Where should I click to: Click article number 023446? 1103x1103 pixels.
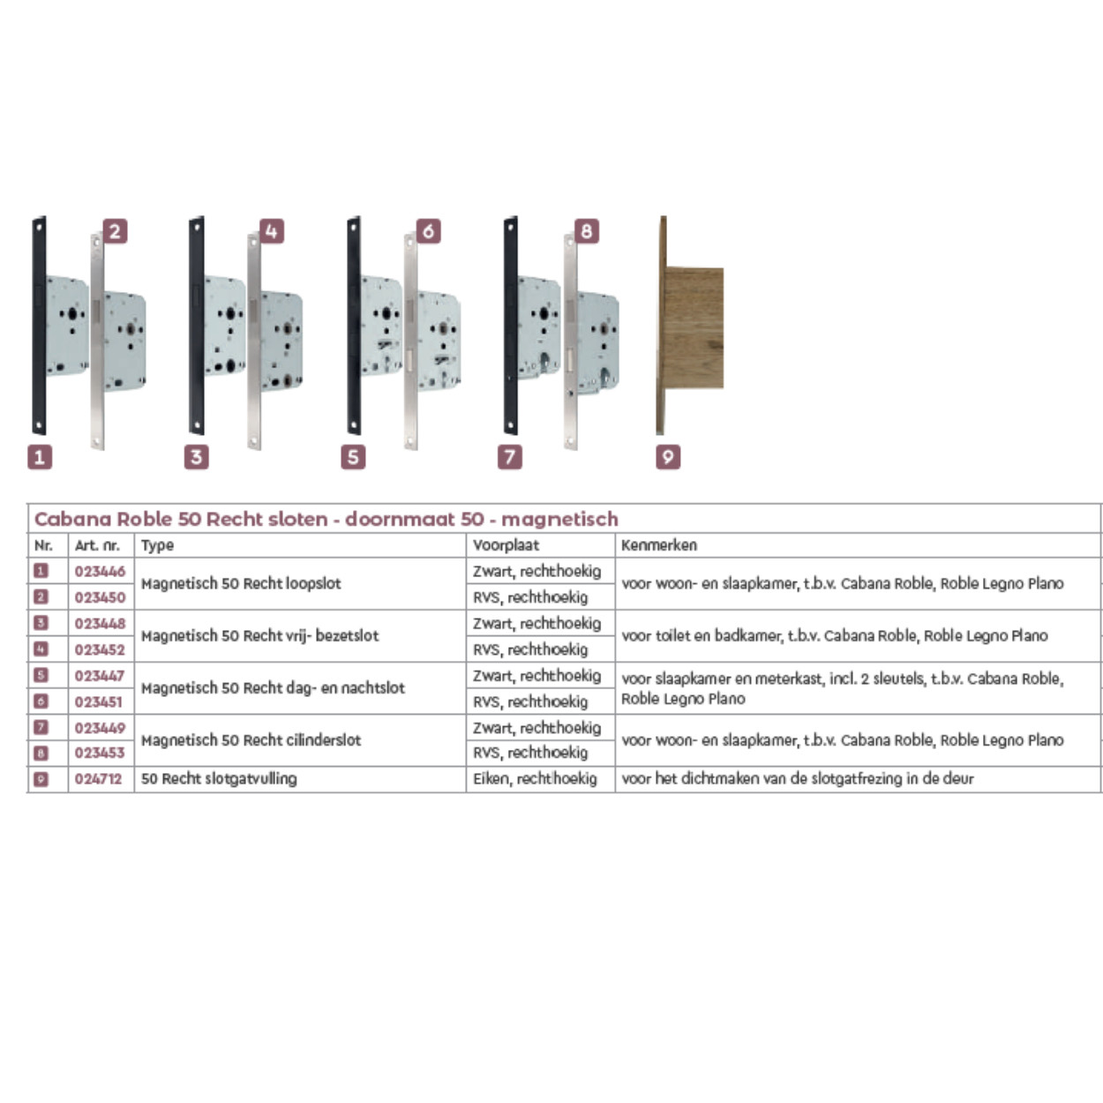(100, 571)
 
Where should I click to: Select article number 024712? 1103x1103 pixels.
(99, 779)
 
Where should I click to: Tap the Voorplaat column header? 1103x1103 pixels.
(506, 545)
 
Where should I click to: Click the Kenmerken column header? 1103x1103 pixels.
(659, 545)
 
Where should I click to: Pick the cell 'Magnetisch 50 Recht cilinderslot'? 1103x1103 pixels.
(251, 740)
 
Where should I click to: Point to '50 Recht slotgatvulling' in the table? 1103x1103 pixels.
(219, 779)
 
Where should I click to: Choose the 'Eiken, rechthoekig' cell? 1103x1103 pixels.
(535, 779)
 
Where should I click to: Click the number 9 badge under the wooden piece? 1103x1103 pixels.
(668, 457)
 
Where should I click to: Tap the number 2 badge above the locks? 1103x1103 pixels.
(115, 231)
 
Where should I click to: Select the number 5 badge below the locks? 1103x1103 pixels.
(353, 457)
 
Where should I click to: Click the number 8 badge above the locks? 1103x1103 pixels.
(586, 231)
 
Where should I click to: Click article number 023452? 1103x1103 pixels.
(100, 649)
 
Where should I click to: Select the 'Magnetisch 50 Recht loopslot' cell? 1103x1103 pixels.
(241, 584)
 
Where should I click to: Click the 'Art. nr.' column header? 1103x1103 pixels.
(97, 545)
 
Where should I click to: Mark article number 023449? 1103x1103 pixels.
(100, 728)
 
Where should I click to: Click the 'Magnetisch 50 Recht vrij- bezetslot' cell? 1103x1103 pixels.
(259, 636)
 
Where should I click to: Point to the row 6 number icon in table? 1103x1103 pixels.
(41, 702)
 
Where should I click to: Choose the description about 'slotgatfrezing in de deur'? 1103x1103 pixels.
(798, 779)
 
